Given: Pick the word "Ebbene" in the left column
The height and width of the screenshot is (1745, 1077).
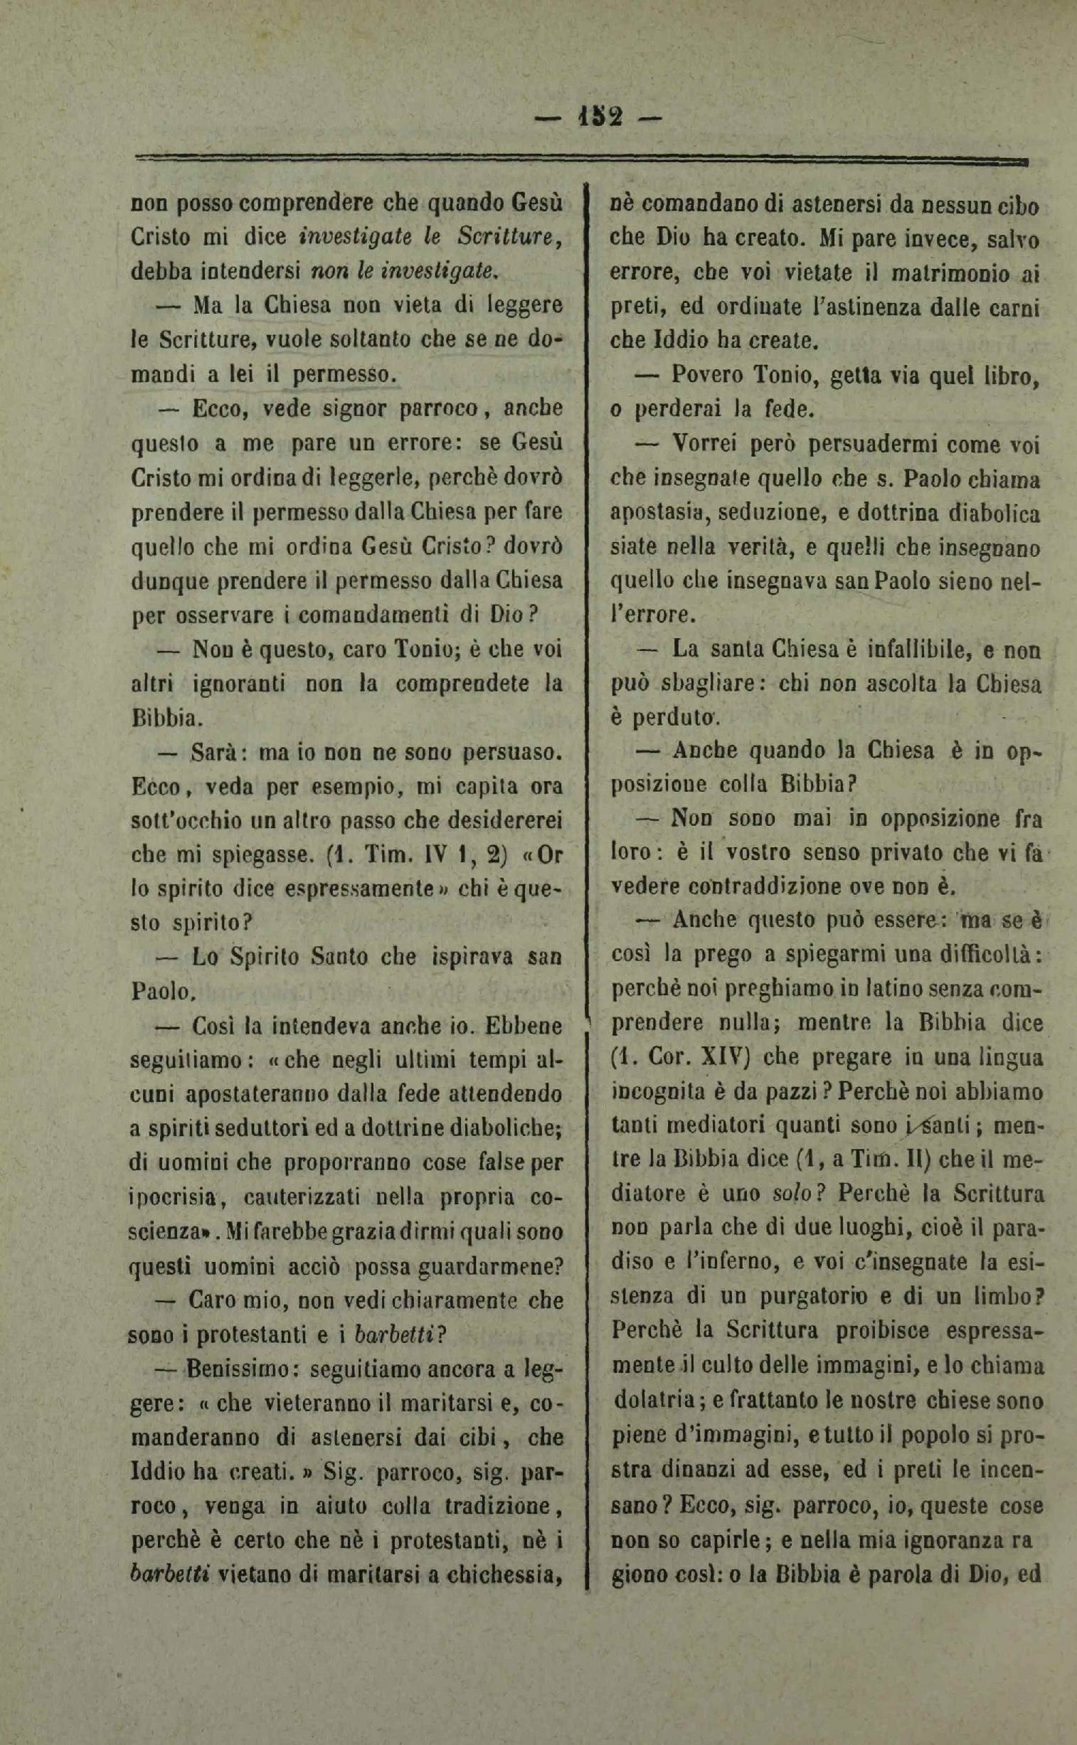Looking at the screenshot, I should tap(524, 1027).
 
